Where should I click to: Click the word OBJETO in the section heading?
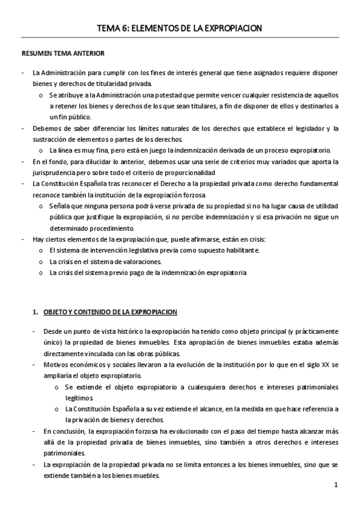(58, 312)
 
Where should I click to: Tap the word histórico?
(117, 331)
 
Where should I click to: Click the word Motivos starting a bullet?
(56, 365)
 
